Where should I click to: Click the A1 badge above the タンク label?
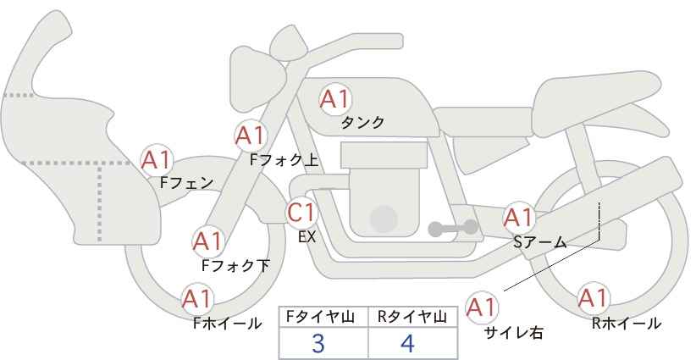[334, 99]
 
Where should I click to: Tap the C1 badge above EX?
[301, 212]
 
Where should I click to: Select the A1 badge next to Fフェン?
[156, 159]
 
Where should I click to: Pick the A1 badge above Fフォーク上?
[250, 135]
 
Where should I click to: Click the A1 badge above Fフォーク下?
[207, 241]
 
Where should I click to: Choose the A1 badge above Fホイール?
[197, 299]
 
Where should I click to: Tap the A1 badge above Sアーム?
[518, 217]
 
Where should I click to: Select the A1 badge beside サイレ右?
[483, 306]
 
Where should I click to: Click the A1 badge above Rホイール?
[592, 299]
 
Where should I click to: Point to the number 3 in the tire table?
[318, 343]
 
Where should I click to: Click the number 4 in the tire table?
[408, 343]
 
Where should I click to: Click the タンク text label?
[362, 123]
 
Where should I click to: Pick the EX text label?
[307, 238]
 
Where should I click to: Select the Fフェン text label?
[186, 181]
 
